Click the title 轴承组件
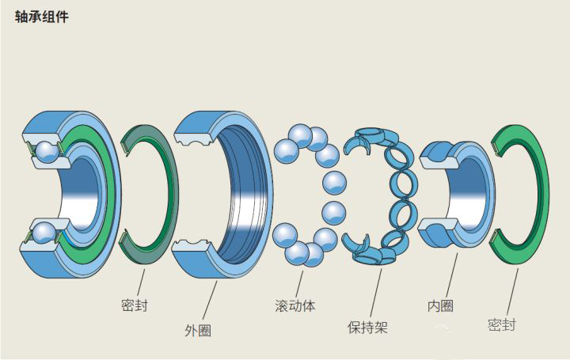[42, 16]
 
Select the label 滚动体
[294, 305]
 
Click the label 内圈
[440, 305]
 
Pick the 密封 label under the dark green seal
[134, 305]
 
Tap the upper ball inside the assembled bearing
[45, 150]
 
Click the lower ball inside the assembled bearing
[43, 233]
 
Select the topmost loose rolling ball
[300, 135]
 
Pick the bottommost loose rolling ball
[298, 253]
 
